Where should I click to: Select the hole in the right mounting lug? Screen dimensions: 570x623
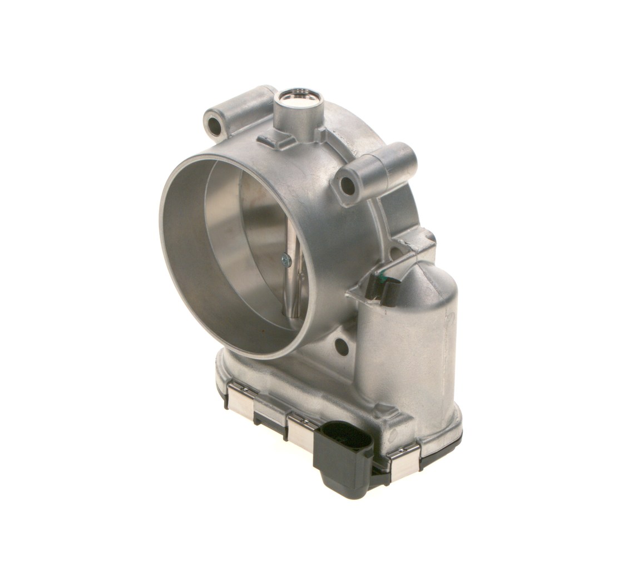[x=348, y=186]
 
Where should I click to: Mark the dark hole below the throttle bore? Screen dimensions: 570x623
[x=342, y=347]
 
